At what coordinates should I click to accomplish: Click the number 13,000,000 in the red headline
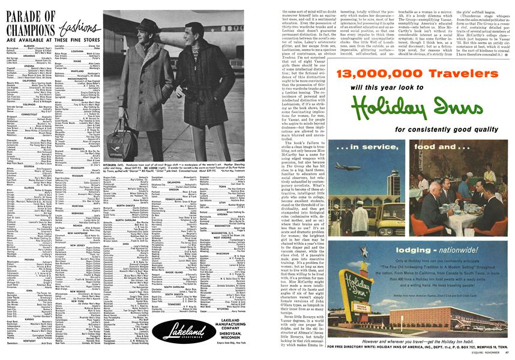tap(376, 74)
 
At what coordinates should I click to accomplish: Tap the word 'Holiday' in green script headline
tap(393, 110)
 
